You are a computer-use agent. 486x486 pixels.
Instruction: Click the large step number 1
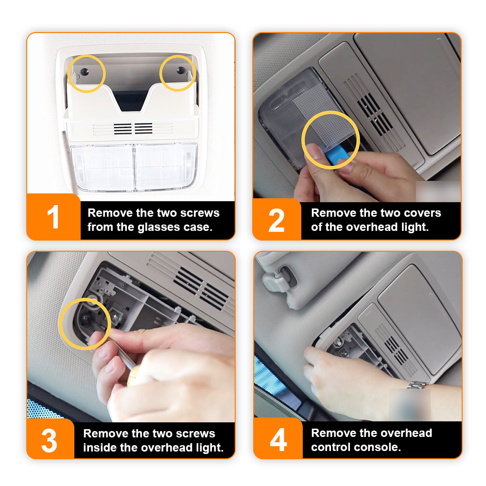tap(53, 217)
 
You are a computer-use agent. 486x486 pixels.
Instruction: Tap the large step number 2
tap(276, 220)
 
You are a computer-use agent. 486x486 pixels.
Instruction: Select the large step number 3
tap(49, 440)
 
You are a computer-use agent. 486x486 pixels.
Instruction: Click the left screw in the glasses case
tap(85, 72)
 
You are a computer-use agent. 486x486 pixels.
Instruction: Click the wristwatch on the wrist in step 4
tap(417, 385)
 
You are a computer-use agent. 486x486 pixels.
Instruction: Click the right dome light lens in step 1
tap(166, 167)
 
